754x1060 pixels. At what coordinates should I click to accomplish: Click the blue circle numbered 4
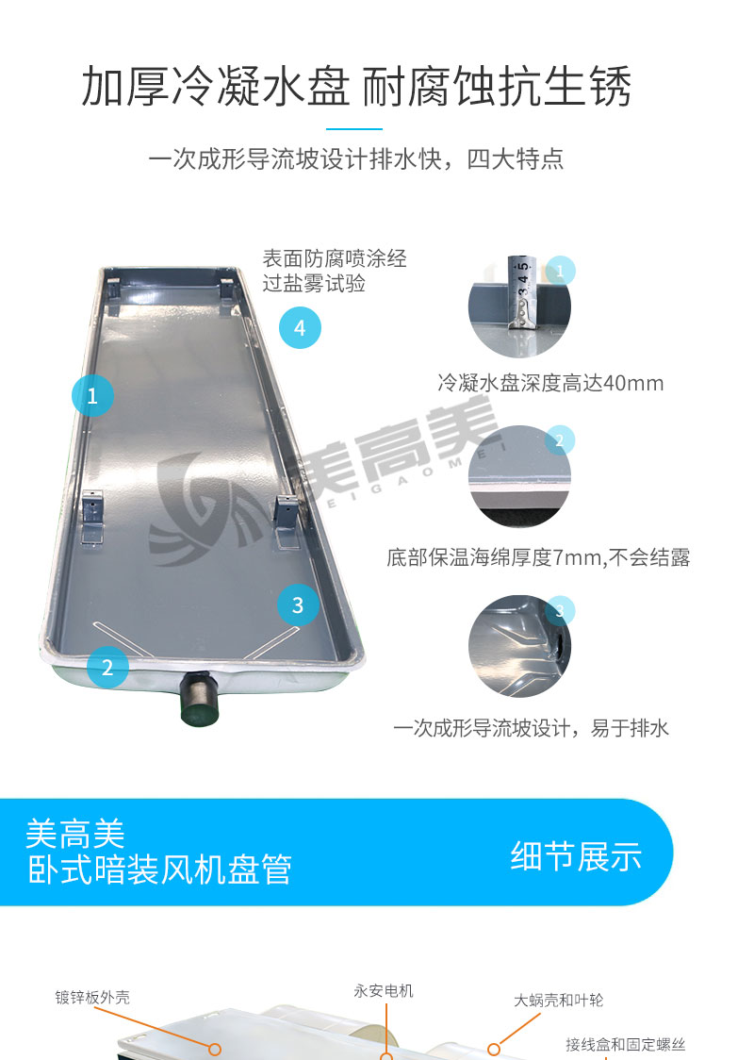point(300,328)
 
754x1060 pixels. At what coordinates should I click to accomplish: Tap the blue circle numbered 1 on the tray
point(92,395)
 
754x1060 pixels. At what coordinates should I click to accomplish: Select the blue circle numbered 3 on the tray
point(298,605)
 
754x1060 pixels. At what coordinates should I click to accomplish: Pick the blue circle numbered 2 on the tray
point(107,668)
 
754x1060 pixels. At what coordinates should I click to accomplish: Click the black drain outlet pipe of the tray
point(200,697)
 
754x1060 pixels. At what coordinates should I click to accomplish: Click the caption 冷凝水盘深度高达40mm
point(550,383)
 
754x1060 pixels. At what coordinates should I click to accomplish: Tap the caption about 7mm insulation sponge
point(538,557)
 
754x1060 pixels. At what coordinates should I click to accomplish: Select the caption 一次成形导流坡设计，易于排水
point(531,728)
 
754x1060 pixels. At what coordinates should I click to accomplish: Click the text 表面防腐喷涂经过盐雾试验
point(335,271)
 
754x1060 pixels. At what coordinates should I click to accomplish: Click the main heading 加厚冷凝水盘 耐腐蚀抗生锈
point(356,87)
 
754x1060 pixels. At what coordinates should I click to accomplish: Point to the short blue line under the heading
point(354,128)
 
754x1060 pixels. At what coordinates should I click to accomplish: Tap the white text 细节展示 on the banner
point(576,856)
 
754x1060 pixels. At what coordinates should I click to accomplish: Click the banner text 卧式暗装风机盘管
point(159,870)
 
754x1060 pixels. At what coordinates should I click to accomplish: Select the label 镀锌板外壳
point(92,997)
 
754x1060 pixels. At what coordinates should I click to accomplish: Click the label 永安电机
point(383,991)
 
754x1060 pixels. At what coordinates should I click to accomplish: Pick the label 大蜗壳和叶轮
point(559,1000)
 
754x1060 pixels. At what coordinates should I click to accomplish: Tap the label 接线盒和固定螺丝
point(626,1045)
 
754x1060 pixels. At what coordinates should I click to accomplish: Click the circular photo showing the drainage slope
point(519,646)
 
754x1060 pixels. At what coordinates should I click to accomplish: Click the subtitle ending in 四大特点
point(356,159)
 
